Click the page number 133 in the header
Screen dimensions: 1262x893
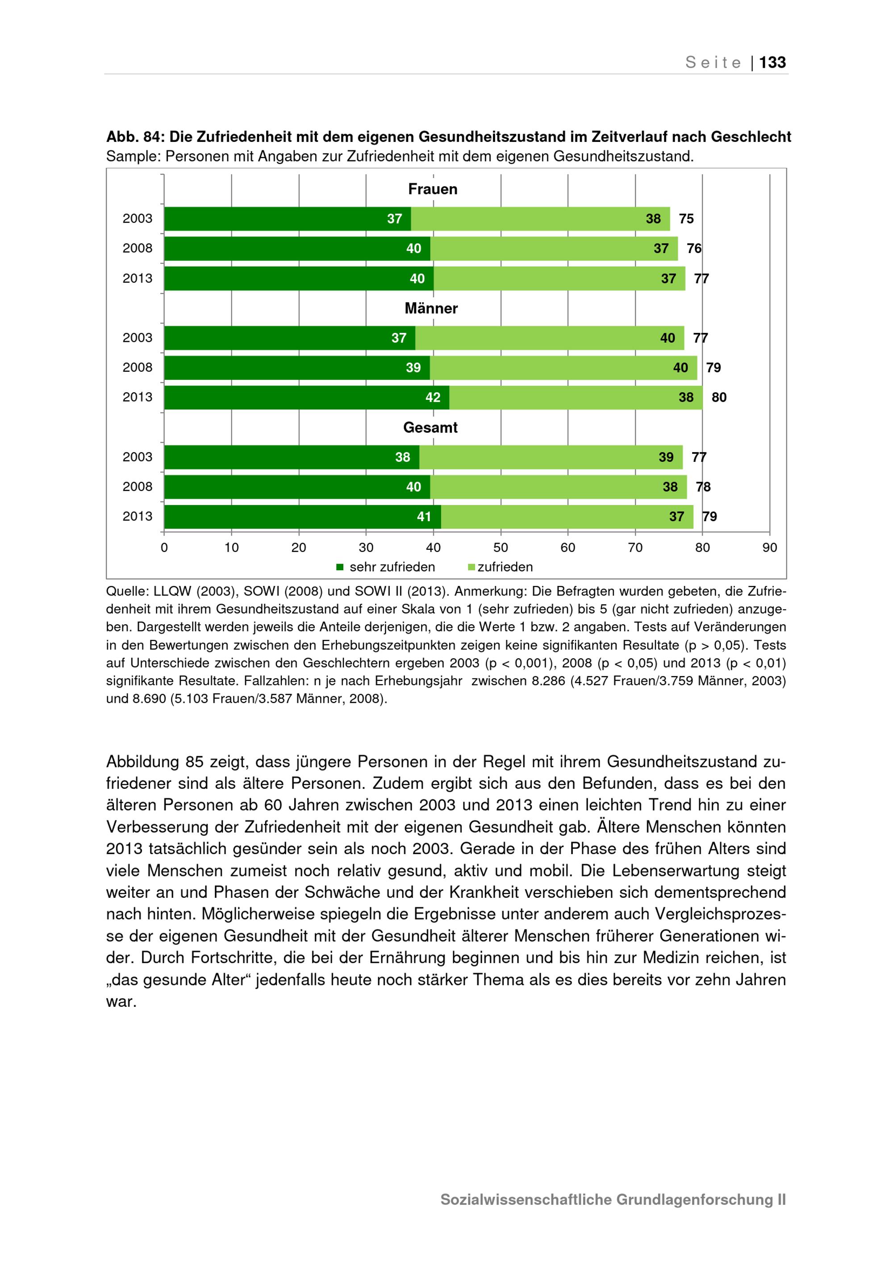click(x=772, y=62)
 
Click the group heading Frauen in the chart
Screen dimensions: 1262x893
click(x=433, y=189)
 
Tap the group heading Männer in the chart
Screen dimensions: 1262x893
click(x=431, y=308)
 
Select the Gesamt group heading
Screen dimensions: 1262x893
click(x=430, y=428)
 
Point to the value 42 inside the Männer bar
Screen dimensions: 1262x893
click(x=433, y=398)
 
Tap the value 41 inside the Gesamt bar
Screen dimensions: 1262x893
click(x=424, y=517)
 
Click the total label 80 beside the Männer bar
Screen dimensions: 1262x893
click(x=719, y=398)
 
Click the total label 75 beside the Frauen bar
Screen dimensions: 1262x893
click(x=686, y=219)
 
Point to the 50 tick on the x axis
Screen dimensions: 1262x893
click(x=501, y=548)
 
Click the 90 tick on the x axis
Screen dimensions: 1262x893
click(x=770, y=548)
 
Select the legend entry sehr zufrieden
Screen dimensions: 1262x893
click(x=392, y=567)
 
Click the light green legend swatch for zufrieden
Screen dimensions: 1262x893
click(x=471, y=567)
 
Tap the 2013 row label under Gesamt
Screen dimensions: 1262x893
click(x=138, y=517)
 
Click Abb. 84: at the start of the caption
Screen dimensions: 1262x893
click(x=135, y=137)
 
